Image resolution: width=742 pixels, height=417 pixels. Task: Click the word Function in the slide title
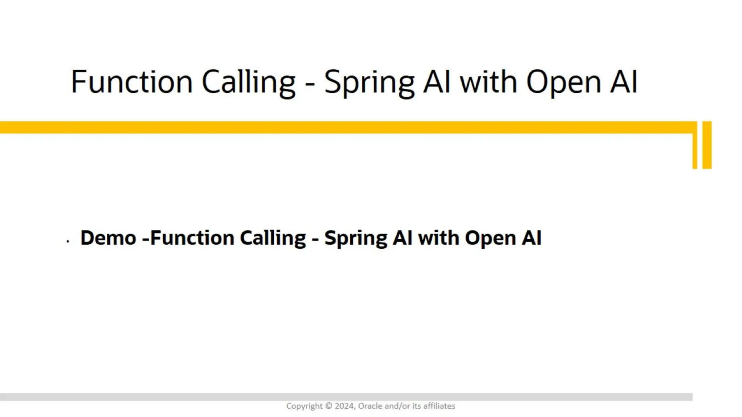[132, 82]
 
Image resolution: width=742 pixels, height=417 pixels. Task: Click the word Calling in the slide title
[249, 82]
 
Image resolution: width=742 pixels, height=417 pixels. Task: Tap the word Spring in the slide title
[369, 83]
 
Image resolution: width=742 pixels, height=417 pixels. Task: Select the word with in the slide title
[488, 82]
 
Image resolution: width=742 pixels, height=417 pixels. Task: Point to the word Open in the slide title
[563, 83]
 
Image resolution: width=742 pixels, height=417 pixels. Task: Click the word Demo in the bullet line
[108, 238]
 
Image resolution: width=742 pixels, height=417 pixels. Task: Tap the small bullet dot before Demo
[68, 241]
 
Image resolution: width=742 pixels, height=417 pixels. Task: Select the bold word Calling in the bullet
[273, 238]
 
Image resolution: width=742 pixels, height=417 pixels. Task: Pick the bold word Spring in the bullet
[355, 239]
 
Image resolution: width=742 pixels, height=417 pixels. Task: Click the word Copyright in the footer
[304, 406]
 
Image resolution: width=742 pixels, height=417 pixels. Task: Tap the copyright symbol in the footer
[329, 406]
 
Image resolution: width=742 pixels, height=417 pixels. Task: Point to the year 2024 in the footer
[344, 406]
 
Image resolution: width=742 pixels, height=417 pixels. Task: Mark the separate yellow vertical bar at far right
[707, 145]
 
